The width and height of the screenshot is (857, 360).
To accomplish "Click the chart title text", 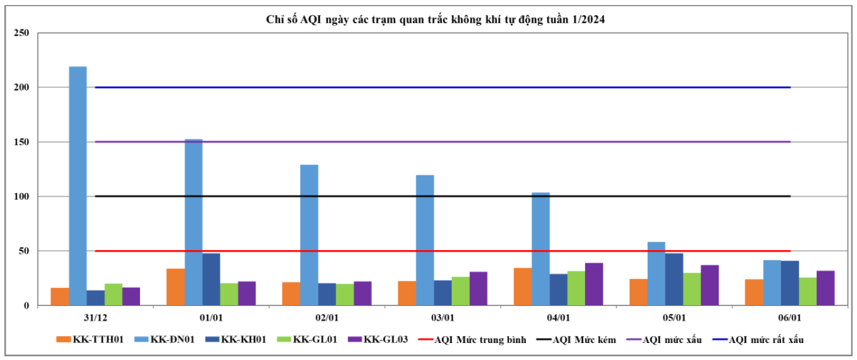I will tap(436, 20).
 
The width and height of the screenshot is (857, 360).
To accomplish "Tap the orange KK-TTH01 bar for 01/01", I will tap(175, 287).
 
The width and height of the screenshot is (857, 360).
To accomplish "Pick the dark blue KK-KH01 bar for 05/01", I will tap(674, 280).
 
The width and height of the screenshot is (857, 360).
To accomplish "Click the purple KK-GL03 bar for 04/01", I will tap(594, 284).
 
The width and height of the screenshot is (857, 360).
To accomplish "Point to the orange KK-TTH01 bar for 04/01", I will tap(523, 286).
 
